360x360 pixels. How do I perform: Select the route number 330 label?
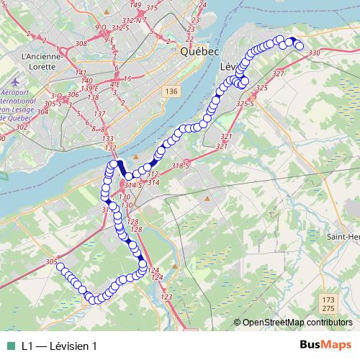pyautogui.click(x=313, y=53)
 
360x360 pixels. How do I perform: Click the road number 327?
pyautogui.click(x=279, y=73)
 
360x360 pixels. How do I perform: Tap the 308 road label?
pyautogui.click(x=81, y=44)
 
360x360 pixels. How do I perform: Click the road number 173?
pyautogui.click(x=328, y=299)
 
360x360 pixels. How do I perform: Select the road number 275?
pyautogui.click(x=328, y=308)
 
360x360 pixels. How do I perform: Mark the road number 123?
pyautogui.click(x=167, y=297)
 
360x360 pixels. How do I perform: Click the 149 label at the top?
pyautogui.click(x=135, y=5)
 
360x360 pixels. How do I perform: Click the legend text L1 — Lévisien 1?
pyautogui.click(x=59, y=346)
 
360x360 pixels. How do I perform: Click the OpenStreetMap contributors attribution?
pyautogui.click(x=295, y=322)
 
